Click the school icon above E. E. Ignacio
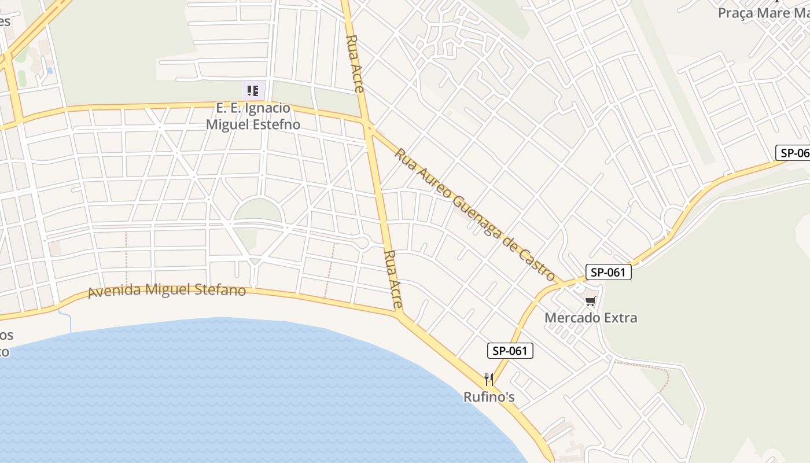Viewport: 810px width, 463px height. click(x=253, y=90)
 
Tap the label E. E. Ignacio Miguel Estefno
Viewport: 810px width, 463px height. click(x=253, y=116)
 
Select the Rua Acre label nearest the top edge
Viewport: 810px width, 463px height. click(x=355, y=64)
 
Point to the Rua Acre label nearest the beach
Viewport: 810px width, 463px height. click(x=393, y=279)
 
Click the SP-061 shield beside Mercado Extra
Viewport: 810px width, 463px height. click(x=607, y=272)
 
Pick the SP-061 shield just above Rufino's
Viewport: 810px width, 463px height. click(x=510, y=350)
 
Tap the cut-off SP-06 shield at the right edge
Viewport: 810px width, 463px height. click(x=793, y=153)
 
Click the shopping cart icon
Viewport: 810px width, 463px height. click(x=590, y=301)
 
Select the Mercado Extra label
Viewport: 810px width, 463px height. click(x=591, y=318)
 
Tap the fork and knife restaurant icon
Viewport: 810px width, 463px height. click(x=489, y=380)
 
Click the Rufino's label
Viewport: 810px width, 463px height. click(x=489, y=397)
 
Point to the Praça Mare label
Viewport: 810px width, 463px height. click(x=763, y=13)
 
